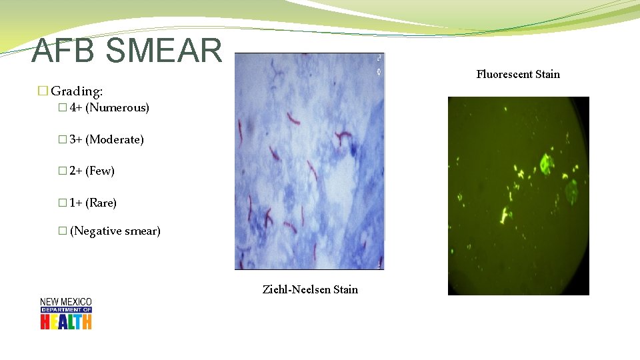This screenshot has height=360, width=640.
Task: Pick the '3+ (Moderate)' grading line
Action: click(106, 139)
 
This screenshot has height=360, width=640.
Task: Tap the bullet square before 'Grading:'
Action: click(43, 90)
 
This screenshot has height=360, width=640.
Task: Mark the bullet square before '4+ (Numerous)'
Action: click(62, 107)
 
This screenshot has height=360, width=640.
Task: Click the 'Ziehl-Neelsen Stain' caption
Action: click(310, 289)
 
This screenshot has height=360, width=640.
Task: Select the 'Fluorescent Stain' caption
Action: click(518, 74)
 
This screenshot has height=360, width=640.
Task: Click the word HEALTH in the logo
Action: click(65, 321)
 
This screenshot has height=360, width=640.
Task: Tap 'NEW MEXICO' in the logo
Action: click(65, 302)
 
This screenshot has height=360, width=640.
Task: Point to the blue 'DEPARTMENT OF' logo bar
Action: click(65, 309)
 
